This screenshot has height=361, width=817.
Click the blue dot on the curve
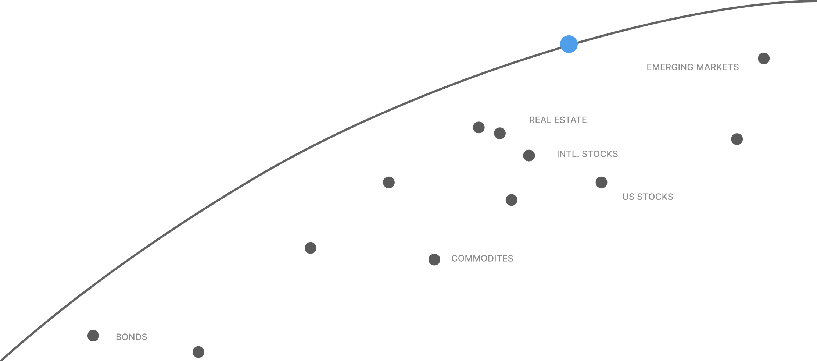coord(569,44)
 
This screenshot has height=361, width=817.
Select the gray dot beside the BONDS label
coord(93,336)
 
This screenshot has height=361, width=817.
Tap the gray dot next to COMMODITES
coord(434,259)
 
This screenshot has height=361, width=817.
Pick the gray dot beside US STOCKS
coord(601,182)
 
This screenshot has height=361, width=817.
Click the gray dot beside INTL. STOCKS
coord(529,155)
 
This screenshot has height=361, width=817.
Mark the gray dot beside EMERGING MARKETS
coord(764,59)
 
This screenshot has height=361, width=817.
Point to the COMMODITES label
coord(482,258)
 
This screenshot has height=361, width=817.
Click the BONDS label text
coord(131,337)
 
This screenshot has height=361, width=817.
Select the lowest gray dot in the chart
coord(198,352)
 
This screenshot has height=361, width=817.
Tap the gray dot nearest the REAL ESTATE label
coord(500,133)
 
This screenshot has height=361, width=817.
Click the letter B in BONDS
coord(118,337)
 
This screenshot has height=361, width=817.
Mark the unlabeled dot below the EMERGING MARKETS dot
coord(737,139)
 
